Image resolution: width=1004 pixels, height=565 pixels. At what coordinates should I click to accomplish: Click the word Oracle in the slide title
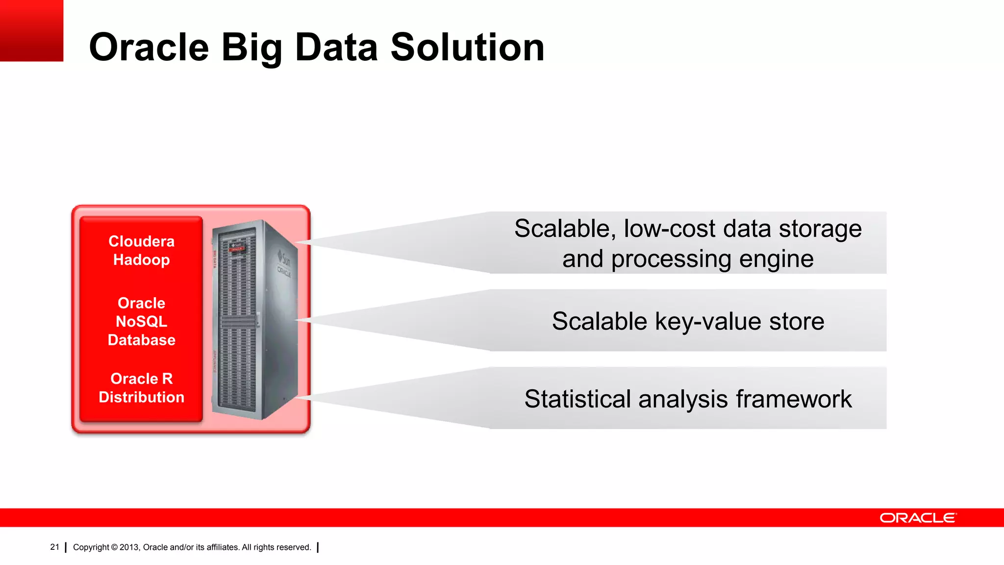[x=149, y=48]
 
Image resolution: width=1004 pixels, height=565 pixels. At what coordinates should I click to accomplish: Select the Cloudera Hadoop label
[x=141, y=251]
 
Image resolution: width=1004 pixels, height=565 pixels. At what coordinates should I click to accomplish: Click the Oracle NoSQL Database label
[x=141, y=321]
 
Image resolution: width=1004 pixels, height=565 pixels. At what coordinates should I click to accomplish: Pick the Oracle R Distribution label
[x=141, y=388]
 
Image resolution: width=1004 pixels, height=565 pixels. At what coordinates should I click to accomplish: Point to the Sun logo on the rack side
[x=284, y=257]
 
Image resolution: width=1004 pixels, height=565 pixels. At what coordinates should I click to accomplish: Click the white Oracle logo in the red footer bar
[x=917, y=518]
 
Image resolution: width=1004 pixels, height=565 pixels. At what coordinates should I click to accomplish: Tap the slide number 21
[x=54, y=547]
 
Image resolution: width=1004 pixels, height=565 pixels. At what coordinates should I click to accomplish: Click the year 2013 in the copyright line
[x=129, y=547]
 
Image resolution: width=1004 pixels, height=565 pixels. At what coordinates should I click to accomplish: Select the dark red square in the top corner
[x=31, y=30]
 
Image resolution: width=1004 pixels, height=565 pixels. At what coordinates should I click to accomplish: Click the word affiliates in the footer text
[x=222, y=547]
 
